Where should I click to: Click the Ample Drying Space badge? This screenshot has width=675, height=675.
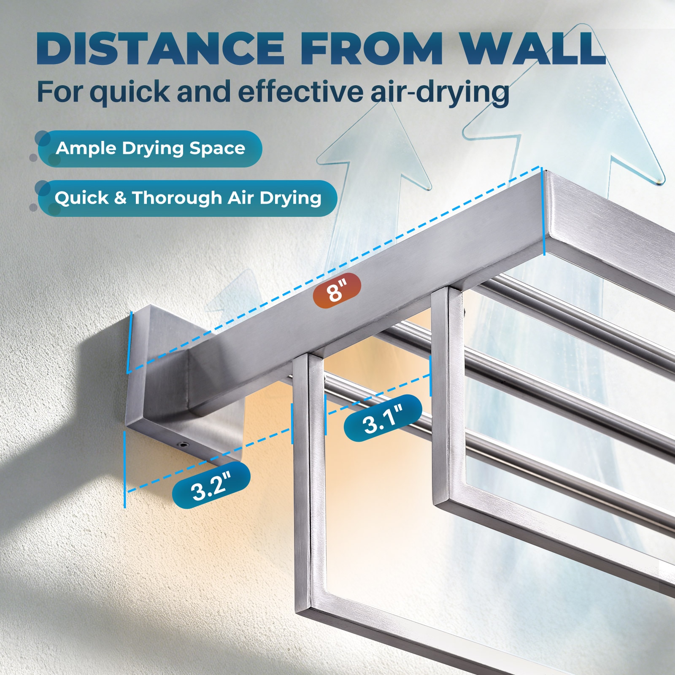pos(150,148)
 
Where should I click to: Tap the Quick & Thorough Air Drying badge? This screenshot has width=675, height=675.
pos(187,198)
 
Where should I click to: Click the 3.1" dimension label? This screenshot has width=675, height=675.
pos(383,418)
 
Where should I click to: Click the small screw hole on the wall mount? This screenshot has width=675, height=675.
pos(184,444)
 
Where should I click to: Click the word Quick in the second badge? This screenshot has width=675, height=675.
pos(81,198)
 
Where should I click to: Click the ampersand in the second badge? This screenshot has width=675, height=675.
pos(120,198)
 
